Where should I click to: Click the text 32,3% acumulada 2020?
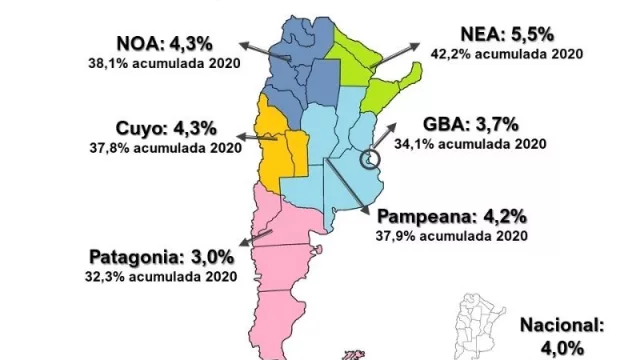click(x=166, y=273)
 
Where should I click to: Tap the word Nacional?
click(x=563, y=325)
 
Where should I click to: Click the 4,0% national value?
click(x=563, y=346)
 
